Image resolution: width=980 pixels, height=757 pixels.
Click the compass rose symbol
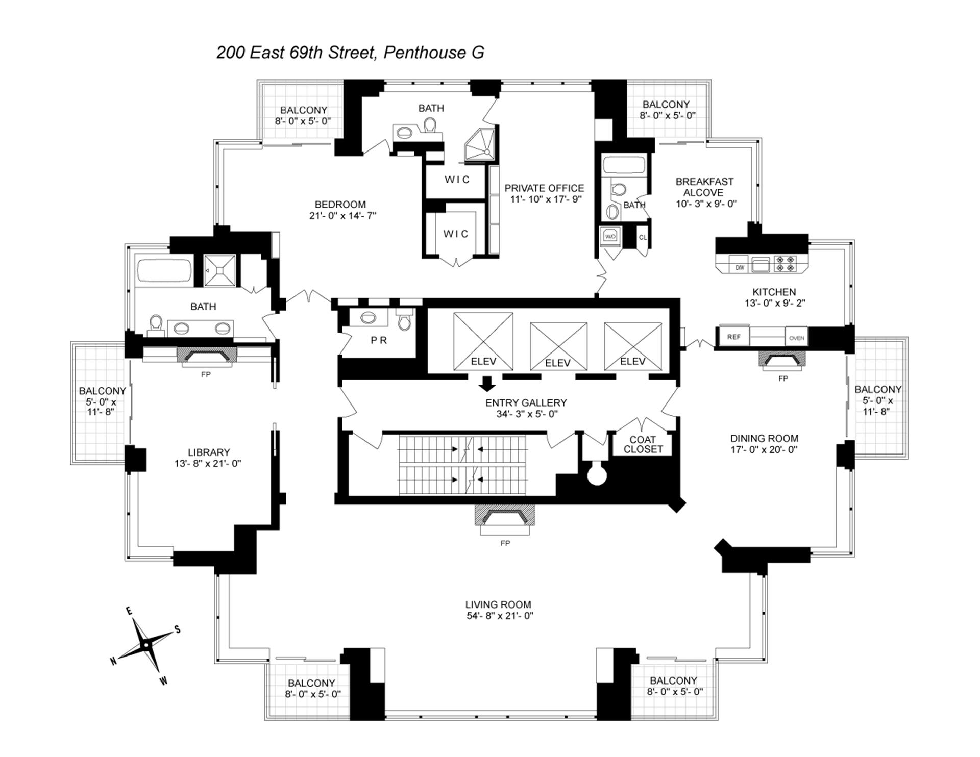point(146,645)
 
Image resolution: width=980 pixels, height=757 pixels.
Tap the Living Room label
point(498,605)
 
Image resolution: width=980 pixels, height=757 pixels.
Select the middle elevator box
point(558,345)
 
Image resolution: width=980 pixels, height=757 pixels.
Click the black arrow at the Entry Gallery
point(488,383)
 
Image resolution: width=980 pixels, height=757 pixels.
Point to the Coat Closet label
point(643,444)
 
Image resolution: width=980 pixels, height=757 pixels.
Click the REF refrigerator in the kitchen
point(733,337)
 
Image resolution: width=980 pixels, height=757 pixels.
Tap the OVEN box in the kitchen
point(796,338)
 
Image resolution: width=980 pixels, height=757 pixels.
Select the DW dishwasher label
point(740,267)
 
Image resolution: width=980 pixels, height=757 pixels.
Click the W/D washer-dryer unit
point(610,237)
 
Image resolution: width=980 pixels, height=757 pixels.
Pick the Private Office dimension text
point(546,199)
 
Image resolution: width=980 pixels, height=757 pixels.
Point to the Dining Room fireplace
point(782,360)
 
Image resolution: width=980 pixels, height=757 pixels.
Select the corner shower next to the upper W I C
point(480,144)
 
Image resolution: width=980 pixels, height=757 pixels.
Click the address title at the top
point(350,53)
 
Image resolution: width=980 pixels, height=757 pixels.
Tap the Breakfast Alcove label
point(704,187)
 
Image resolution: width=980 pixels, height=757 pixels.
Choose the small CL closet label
point(643,237)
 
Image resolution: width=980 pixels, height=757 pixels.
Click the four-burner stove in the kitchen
point(785,264)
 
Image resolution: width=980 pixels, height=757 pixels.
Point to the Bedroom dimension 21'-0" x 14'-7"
point(342,215)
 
